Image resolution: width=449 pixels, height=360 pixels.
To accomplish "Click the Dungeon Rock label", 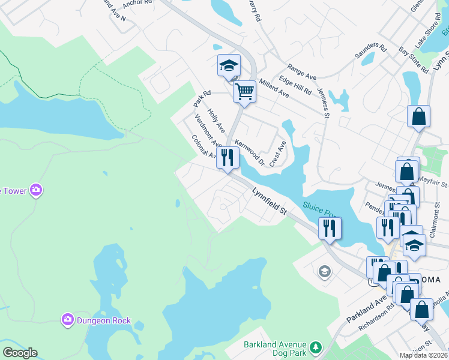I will pyautogui.click(x=103, y=320).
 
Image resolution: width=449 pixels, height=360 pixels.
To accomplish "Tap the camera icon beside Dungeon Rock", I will pyautogui.click(x=68, y=320).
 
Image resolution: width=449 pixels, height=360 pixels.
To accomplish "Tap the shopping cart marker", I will pyautogui.click(x=244, y=92).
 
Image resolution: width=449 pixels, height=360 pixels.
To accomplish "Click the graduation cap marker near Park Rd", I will pyautogui.click(x=229, y=65).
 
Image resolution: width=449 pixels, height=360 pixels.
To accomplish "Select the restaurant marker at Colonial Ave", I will pyautogui.click(x=228, y=158).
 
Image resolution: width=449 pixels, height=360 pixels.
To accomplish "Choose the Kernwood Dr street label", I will pyautogui.click(x=250, y=152).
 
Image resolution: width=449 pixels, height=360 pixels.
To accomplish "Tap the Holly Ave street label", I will pyautogui.click(x=216, y=120).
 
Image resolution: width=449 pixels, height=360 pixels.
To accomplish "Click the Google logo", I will pyautogui.click(x=20, y=353).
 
